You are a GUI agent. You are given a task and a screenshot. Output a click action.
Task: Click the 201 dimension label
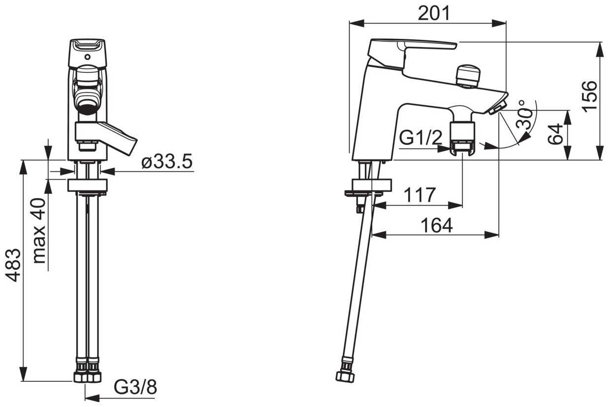pyautogui.click(x=434, y=13)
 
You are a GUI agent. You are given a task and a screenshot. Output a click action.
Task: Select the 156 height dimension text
pyautogui.click(x=590, y=96)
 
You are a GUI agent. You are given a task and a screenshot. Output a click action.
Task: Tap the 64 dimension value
pyautogui.click(x=555, y=134)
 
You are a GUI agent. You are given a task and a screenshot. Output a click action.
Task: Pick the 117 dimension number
pyautogui.click(x=420, y=195)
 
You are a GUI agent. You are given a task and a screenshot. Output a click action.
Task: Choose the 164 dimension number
pyautogui.click(x=437, y=225)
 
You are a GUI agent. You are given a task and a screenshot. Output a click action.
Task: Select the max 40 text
pyautogui.click(x=39, y=231)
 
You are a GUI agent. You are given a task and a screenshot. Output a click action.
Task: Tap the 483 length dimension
pyautogui.click(x=14, y=265)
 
